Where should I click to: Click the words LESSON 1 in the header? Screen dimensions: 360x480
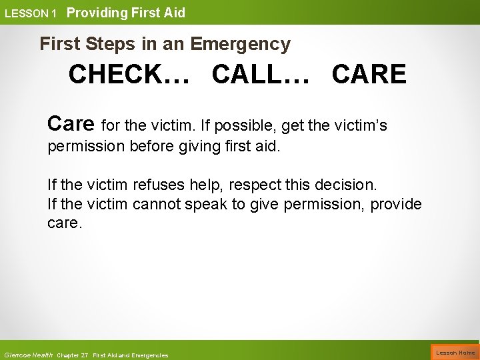point(31,13)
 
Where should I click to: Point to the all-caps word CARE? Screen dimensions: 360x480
point(368,75)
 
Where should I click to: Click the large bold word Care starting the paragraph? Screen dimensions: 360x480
point(72,123)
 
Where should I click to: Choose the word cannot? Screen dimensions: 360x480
point(157,204)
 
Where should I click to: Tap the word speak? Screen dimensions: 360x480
point(207,204)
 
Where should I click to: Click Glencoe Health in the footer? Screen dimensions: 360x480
point(28,355)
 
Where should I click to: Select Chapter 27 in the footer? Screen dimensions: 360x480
point(73,355)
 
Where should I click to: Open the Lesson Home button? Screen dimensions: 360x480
point(456,353)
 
